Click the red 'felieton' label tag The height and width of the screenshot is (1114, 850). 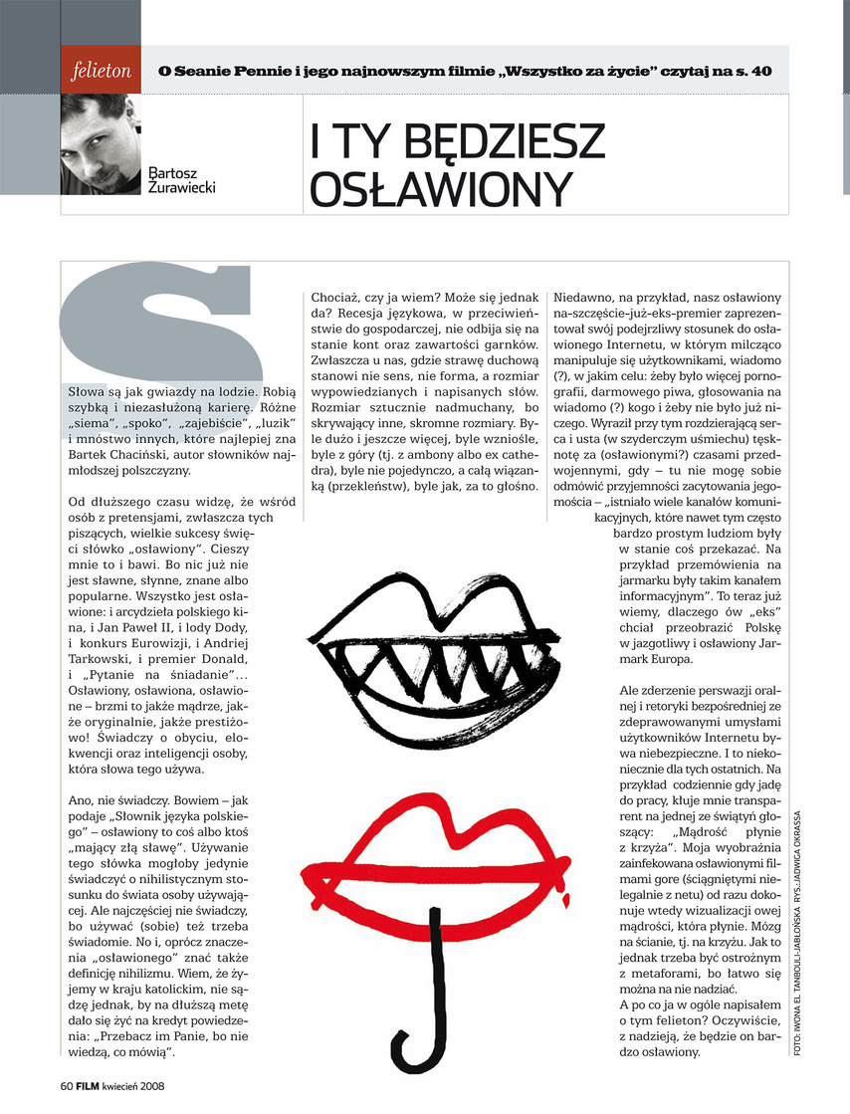(102, 72)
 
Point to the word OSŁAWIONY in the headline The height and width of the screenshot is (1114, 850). (441, 190)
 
